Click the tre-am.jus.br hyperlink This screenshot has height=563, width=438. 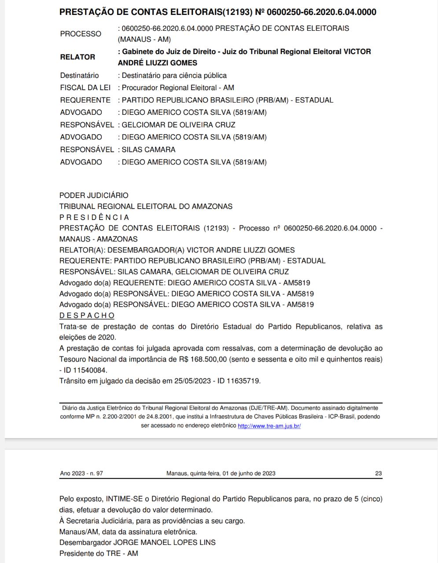[x=269, y=426]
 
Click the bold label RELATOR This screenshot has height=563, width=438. [x=77, y=57]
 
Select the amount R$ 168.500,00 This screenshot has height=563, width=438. [x=203, y=359]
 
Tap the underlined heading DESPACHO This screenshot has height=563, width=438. [x=87, y=316]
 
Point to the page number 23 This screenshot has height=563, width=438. [x=378, y=474]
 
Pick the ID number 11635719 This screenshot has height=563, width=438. [x=244, y=381]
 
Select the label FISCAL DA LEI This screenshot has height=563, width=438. [x=85, y=88]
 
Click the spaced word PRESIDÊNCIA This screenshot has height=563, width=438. [x=94, y=217]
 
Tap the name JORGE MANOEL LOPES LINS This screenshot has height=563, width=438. [x=164, y=542]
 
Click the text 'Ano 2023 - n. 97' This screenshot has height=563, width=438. [x=81, y=474]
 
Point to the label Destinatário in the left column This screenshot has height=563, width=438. [x=80, y=76]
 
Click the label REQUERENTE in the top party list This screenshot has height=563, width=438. [x=85, y=100]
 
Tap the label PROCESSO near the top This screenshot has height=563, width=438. [x=81, y=34]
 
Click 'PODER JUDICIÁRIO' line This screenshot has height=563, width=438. [x=94, y=195]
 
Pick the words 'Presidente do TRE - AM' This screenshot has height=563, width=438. [x=99, y=553]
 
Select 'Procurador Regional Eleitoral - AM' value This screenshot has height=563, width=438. [x=178, y=88]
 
